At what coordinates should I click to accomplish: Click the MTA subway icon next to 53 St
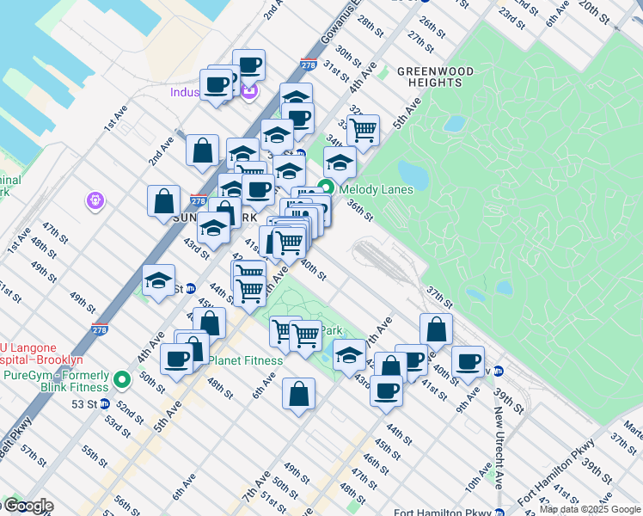point(104,403)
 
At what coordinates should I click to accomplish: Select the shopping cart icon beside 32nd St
point(364,130)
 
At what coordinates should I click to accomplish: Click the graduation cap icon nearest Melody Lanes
point(340,161)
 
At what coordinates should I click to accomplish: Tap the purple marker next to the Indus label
point(249,91)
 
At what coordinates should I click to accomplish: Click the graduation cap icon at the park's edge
point(348,353)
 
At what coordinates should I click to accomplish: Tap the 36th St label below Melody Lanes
point(359,210)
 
